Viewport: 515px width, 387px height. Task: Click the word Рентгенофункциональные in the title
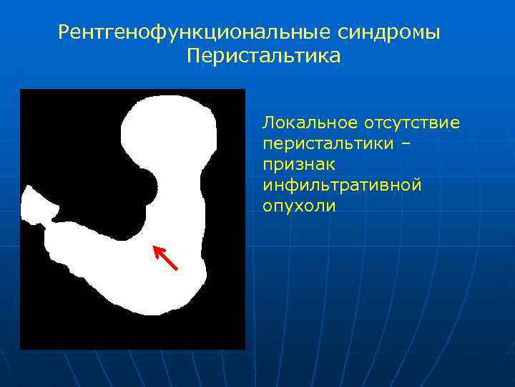(184, 32)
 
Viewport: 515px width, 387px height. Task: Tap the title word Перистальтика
(264, 56)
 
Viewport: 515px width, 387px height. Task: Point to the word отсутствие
(416, 123)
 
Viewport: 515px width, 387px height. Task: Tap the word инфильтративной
(342, 185)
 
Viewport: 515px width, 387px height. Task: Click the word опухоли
(298, 206)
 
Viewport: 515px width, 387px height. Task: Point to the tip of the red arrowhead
(154, 246)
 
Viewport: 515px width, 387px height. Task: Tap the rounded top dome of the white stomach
(170, 115)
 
